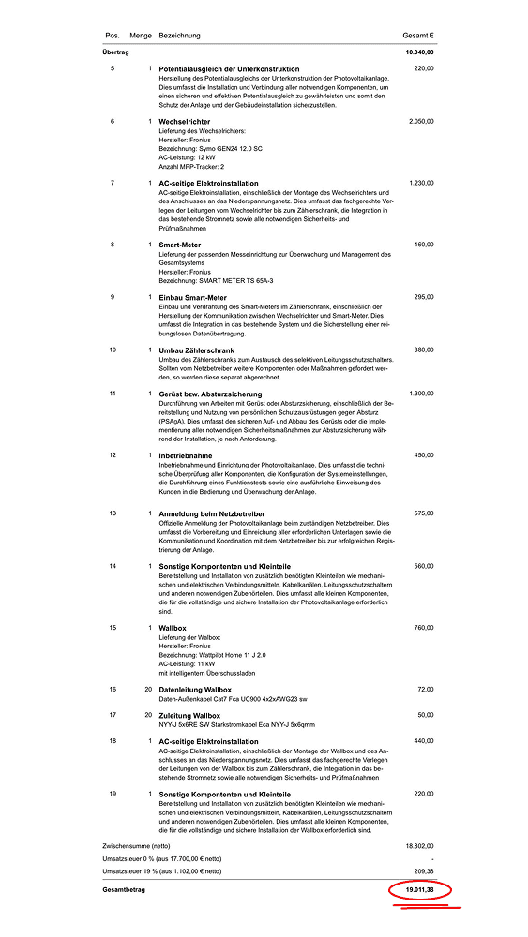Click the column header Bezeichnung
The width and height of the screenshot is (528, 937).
[179, 36]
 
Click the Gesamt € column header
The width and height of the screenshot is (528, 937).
[418, 36]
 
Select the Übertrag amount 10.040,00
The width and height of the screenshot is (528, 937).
[419, 52]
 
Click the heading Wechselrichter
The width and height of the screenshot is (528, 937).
[185, 122]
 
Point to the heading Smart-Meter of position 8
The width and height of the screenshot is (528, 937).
[180, 245]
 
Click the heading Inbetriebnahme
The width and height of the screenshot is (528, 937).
[187, 455]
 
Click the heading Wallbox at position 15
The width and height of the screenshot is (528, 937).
[173, 627]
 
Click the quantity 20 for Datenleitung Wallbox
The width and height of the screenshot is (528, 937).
[147, 690]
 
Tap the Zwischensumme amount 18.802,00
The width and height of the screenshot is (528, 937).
[418, 846]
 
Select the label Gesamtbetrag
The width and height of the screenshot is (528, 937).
[125, 888]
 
